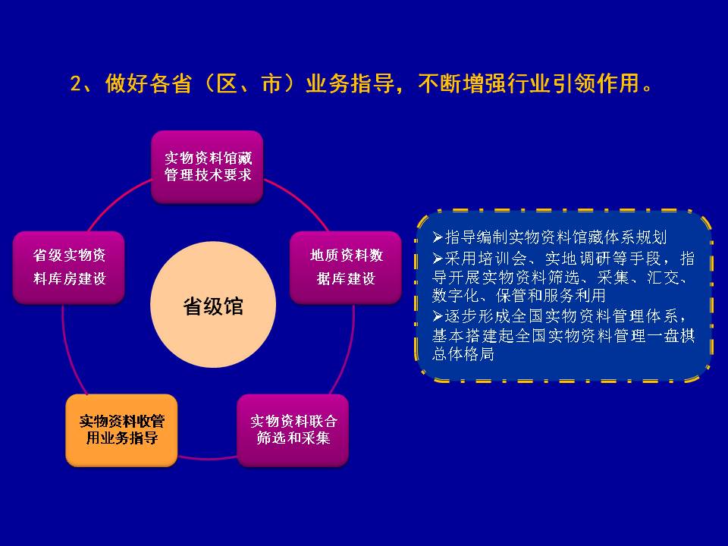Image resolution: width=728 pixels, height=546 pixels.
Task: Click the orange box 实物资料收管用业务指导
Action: click(x=121, y=431)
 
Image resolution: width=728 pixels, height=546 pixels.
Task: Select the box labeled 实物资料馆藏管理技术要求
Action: click(x=208, y=167)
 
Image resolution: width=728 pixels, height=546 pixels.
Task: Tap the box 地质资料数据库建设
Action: click(x=346, y=268)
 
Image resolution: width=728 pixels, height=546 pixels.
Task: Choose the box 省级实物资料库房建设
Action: click(x=69, y=268)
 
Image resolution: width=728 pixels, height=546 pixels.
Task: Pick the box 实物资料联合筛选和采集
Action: click(x=293, y=431)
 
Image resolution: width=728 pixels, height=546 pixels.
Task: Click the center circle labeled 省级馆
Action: click(x=213, y=305)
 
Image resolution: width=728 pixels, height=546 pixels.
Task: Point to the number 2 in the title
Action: click(x=76, y=84)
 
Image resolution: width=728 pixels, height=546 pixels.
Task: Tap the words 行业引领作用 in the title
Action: click(x=551, y=83)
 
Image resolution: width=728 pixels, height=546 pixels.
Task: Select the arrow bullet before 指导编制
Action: click(x=438, y=237)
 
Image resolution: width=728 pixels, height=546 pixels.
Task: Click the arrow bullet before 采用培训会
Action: click(x=438, y=258)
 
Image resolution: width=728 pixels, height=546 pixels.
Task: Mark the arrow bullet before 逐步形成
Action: click(x=438, y=316)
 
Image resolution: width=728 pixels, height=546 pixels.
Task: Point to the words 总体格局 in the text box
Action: click(x=463, y=354)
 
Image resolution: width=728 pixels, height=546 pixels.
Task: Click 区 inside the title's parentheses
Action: click(x=227, y=83)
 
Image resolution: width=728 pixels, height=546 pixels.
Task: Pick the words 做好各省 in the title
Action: click(x=149, y=83)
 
